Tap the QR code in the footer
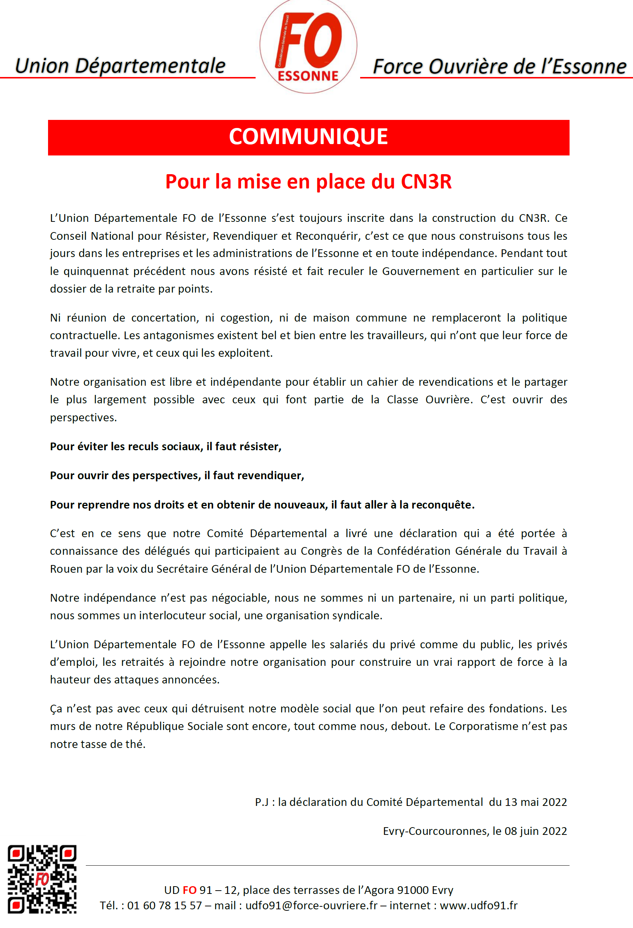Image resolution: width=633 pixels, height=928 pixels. click(x=42, y=879)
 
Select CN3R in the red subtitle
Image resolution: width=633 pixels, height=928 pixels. click(x=426, y=182)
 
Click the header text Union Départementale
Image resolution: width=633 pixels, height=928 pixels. click(x=120, y=66)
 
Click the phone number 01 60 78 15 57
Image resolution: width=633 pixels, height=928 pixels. click(x=164, y=905)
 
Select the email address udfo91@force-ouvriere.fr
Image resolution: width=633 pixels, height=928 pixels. click(x=311, y=905)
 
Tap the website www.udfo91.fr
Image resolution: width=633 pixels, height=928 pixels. click(x=479, y=905)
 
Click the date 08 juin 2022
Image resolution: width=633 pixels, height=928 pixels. click(x=535, y=831)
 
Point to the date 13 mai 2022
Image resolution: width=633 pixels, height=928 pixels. click(x=535, y=802)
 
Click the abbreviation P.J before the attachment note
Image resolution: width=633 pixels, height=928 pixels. click(x=261, y=802)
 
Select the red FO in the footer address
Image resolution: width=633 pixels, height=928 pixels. click(x=190, y=890)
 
